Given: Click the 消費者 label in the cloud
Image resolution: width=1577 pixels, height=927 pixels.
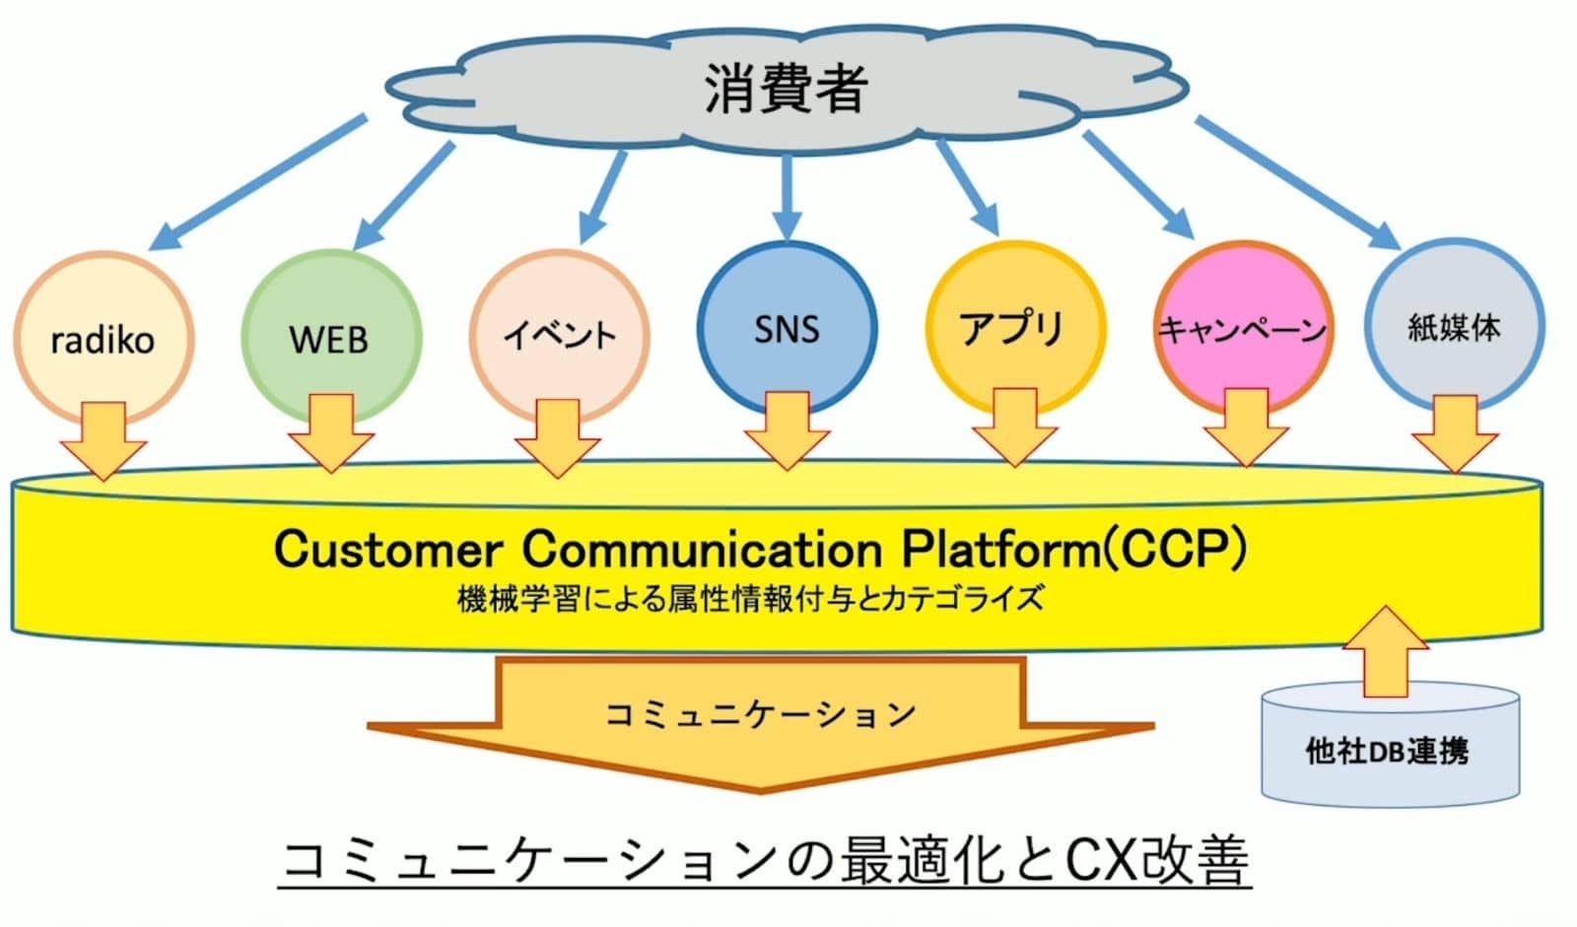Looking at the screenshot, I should pyautogui.click(x=786, y=88).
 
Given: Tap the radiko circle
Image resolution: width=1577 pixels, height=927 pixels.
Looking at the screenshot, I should pyautogui.click(x=103, y=335).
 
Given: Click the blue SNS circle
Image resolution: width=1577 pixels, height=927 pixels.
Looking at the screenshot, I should pyautogui.click(x=787, y=325).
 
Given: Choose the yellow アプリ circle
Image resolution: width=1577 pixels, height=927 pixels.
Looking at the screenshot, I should pyautogui.click(x=1014, y=325).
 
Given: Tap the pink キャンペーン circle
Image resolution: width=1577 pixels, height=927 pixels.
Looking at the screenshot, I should pyautogui.click(x=1243, y=325).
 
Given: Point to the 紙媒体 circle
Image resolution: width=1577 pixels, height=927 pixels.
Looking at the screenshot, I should pyautogui.click(x=1454, y=325).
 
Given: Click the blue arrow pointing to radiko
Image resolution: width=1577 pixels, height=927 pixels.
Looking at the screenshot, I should pyautogui.click(x=261, y=182).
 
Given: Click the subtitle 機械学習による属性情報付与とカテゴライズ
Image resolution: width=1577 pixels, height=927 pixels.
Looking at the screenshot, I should pyautogui.click(x=749, y=599).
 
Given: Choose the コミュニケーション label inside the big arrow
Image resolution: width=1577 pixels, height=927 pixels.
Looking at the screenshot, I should pyautogui.click(x=760, y=713).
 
